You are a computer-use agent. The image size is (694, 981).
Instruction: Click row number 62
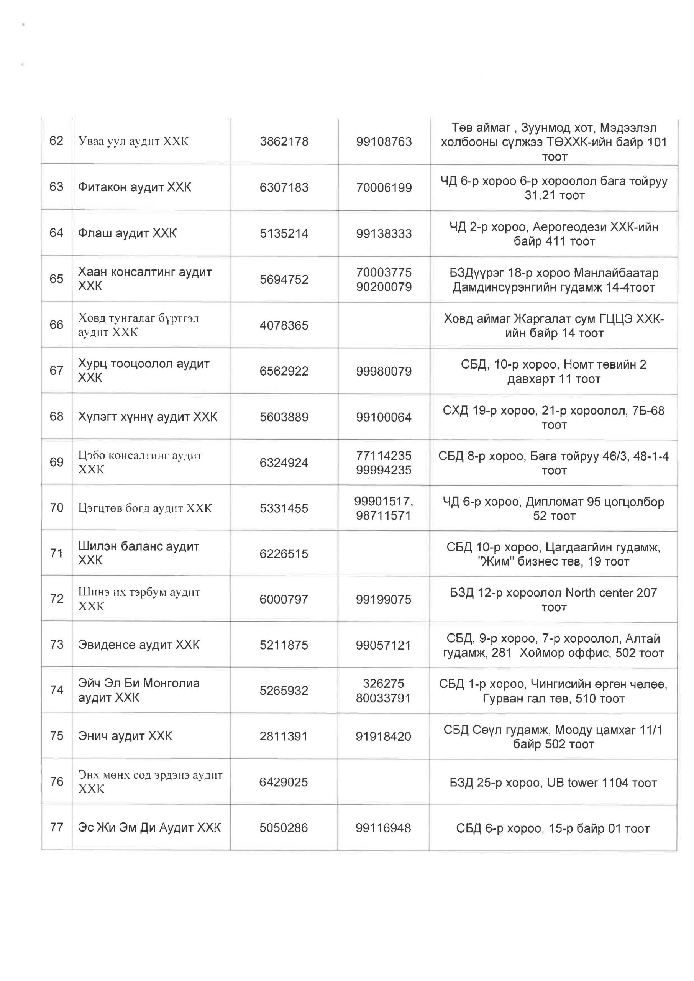coord(56,141)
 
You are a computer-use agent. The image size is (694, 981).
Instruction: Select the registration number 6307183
coord(284,187)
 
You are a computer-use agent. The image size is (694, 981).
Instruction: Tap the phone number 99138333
coord(384,233)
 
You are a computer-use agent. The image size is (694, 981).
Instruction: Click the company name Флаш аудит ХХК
coord(127,233)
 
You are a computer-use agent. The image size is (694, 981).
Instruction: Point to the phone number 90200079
coord(384,287)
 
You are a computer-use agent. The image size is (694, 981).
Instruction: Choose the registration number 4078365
coord(284,325)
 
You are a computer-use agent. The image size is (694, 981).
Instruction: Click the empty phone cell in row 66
coord(384,325)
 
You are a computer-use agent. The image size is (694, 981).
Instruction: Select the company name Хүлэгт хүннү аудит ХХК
coord(148,417)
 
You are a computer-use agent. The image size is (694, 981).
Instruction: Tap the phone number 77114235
coord(384,456)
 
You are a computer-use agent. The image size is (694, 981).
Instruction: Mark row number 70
coord(56,508)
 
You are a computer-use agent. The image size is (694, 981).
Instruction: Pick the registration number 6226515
coord(284,554)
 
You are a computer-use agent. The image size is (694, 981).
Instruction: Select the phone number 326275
coord(383,683)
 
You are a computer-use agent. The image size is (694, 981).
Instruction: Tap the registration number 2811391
coord(283,736)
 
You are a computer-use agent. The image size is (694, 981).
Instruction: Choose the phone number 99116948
coord(383,828)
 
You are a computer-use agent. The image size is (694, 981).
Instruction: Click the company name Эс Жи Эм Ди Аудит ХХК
coord(149,828)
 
